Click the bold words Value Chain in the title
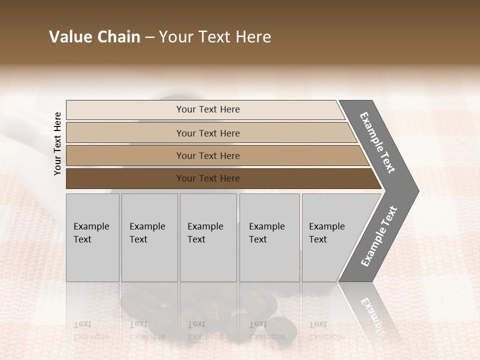click(x=94, y=37)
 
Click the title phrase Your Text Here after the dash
click(x=215, y=37)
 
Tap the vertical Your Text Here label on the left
click(x=57, y=143)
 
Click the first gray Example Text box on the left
click(x=92, y=237)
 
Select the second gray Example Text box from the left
click(x=149, y=237)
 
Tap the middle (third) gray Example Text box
click(x=208, y=237)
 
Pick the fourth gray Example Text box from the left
click(x=269, y=237)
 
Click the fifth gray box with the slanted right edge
click(x=332, y=237)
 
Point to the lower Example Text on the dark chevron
click(x=379, y=236)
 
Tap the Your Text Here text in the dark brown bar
click(x=208, y=178)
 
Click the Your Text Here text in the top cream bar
click(x=208, y=109)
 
